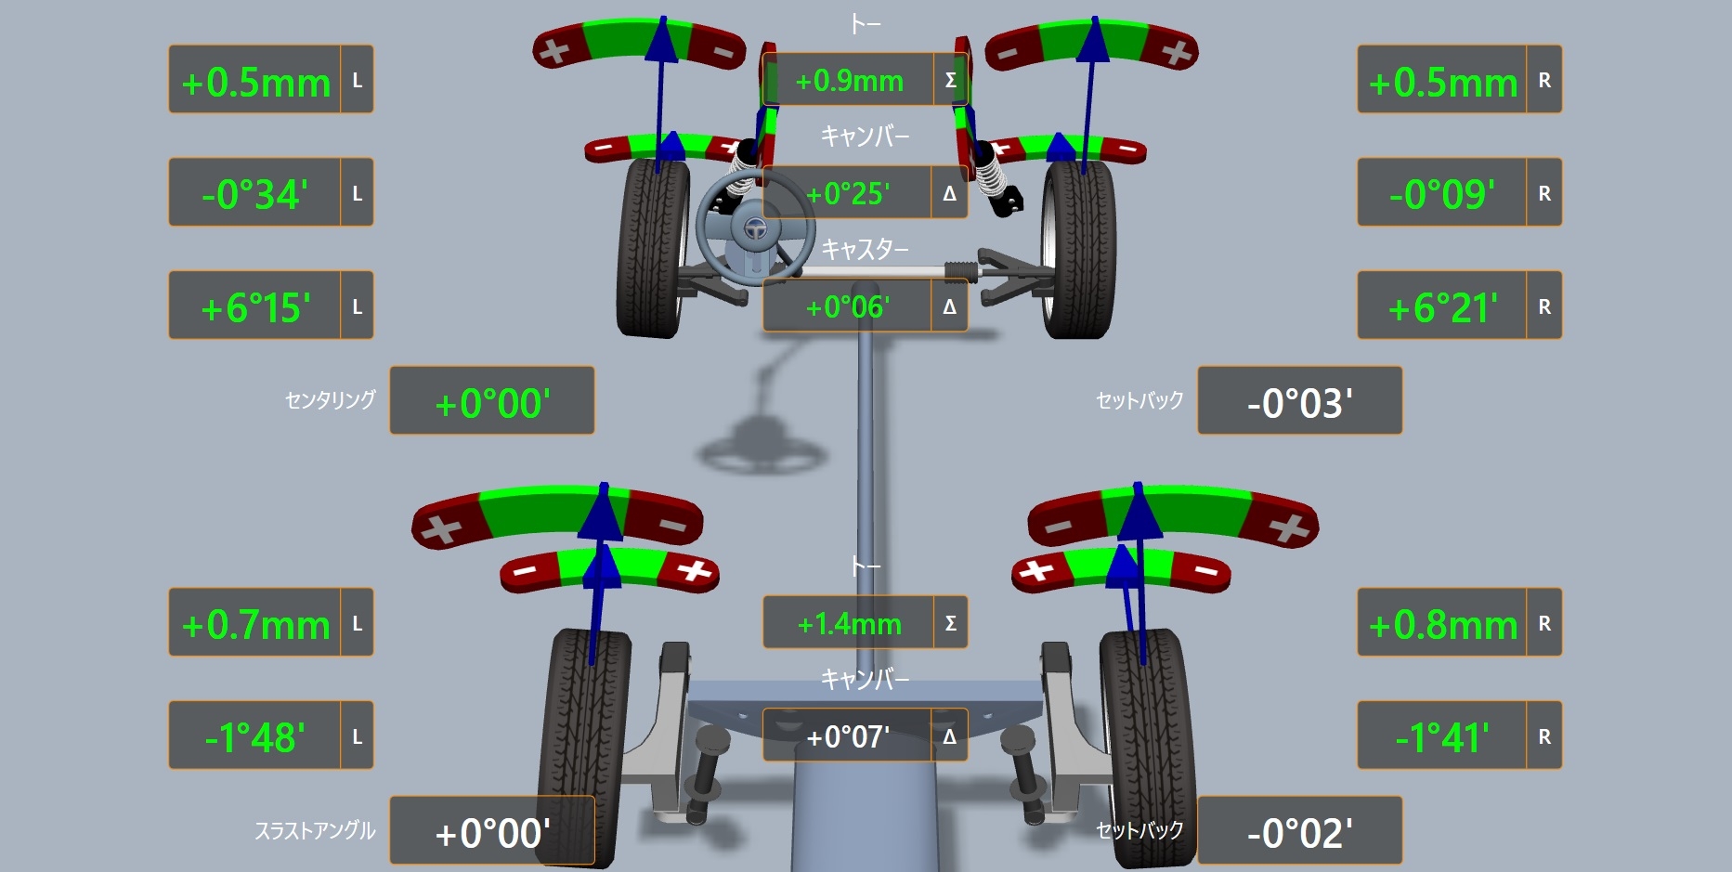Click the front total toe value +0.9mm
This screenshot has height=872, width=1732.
pyautogui.click(x=849, y=81)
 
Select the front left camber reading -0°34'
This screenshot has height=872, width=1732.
pyautogui.click(x=254, y=194)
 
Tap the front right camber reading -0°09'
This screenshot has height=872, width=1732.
pyautogui.click(x=1442, y=194)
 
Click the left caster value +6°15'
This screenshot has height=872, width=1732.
pyautogui.click(x=255, y=307)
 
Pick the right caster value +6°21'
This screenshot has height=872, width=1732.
pyautogui.click(x=1443, y=307)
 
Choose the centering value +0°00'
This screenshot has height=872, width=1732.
pyautogui.click(x=492, y=403)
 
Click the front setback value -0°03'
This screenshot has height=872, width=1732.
pyautogui.click(x=1299, y=403)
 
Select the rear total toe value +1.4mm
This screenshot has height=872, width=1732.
pyautogui.click(x=849, y=623)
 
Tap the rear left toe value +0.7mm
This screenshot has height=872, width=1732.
pyautogui.click(x=255, y=625)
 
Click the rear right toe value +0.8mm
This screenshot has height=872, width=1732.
pyautogui.click(x=1443, y=625)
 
